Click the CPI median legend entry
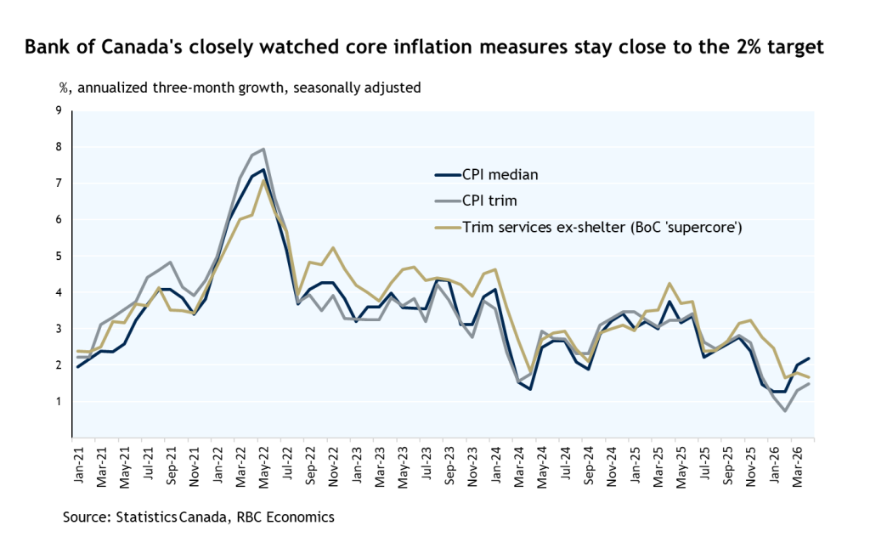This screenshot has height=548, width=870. click(487, 175)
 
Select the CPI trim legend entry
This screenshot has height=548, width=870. click(476, 201)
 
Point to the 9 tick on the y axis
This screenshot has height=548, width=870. click(59, 110)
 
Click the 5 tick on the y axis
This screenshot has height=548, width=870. click(59, 256)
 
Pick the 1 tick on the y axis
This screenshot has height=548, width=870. click(59, 401)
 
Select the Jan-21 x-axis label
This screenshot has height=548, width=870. click(78, 465)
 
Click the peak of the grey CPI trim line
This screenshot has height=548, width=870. click(263, 149)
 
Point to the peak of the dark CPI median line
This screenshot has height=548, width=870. click(263, 170)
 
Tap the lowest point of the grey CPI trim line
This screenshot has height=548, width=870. click(785, 411)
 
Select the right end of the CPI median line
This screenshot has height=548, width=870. click(809, 359)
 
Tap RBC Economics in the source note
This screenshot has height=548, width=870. click(285, 517)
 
